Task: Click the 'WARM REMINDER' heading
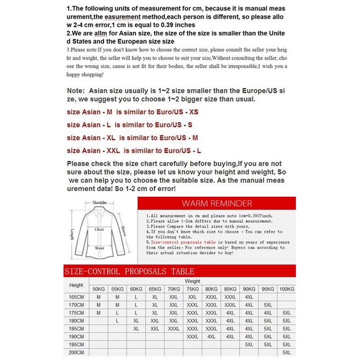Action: tap(216, 203)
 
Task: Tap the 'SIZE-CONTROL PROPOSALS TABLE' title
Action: tap(130, 271)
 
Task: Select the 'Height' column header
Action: tap(76, 285)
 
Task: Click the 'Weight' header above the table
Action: tap(192, 281)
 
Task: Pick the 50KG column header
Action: tap(99, 289)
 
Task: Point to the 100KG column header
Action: tap(287, 289)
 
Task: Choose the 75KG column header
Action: tap(192, 289)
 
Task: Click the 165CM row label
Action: tap(76, 297)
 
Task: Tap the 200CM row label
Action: tap(76, 353)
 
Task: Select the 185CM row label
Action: tap(76, 329)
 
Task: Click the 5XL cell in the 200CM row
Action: tap(287, 353)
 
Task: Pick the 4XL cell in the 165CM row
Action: tap(249, 297)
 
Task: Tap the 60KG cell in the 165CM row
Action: tap(136, 297)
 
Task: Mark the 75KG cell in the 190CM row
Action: tap(192, 337)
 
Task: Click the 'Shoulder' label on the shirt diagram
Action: tap(100, 202)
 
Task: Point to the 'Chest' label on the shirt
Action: tap(99, 229)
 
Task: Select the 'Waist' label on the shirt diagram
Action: tap(100, 248)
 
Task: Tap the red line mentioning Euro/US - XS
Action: tap(133, 111)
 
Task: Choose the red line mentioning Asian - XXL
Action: tap(134, 151)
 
